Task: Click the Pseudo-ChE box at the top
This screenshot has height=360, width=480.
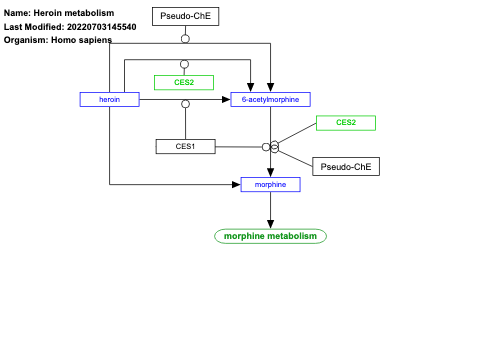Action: [184, 16]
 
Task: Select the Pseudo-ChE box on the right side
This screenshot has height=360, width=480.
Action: [346, 166]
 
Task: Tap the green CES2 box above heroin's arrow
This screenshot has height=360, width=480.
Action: [184, 82]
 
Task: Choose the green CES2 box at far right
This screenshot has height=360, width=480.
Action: [345, 123]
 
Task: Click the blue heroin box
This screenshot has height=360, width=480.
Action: [109, 99]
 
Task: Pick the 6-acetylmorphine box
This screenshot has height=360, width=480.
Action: [270, 99]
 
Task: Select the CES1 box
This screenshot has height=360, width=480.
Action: [185, 146]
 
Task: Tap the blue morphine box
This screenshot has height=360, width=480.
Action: [270, 184]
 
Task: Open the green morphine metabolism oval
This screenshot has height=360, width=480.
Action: [270, 236]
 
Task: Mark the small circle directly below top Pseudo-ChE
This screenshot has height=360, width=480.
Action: [184, 38]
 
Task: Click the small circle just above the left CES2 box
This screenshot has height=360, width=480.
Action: [184, 64]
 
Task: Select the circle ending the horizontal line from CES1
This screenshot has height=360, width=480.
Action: [266, 147]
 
